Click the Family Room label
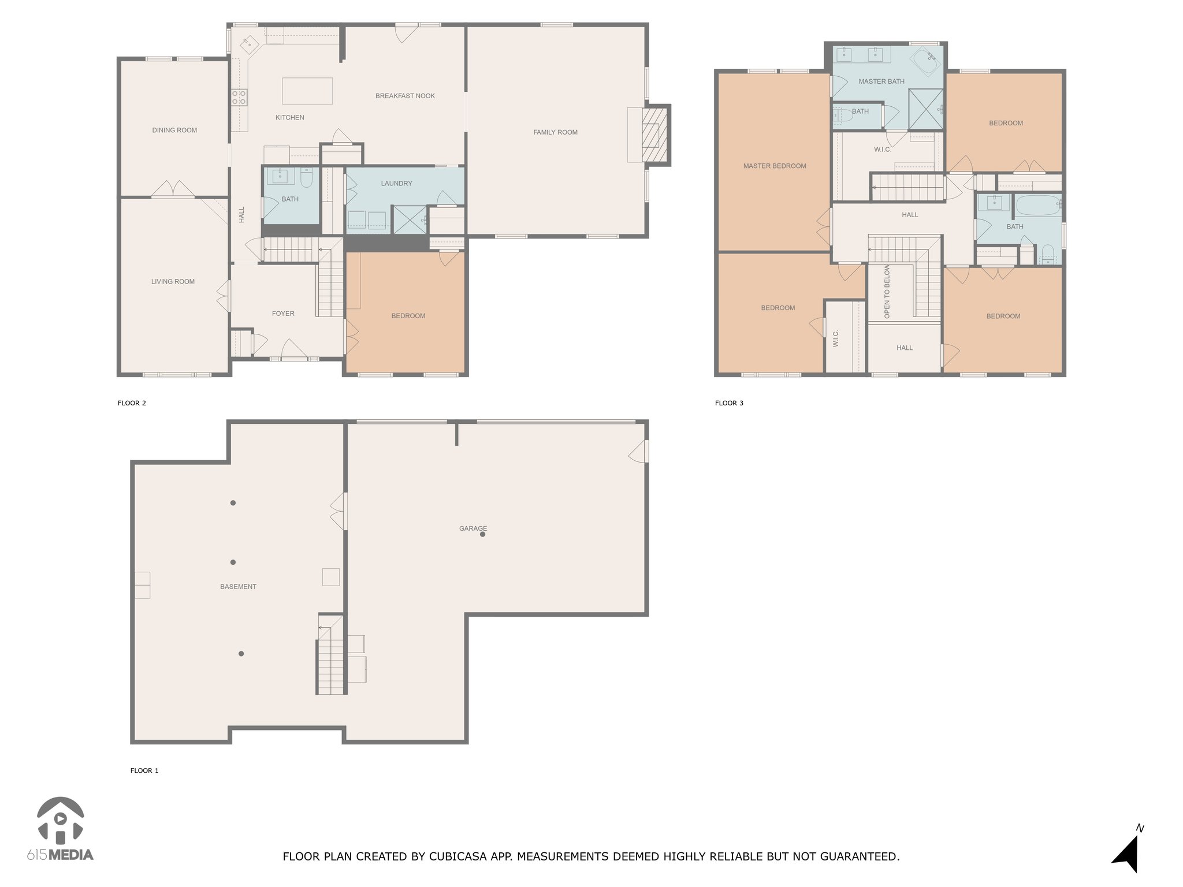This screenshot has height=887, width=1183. [555, 132]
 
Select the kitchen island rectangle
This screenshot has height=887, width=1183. [307, 91]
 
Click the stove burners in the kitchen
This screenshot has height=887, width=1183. [240, 97]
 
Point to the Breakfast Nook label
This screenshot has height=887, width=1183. [405, 96]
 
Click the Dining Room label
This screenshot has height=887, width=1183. [174, 130]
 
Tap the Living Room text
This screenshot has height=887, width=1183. [173, 281]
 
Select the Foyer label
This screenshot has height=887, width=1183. [283, 314]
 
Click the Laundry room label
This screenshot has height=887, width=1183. [396, 183]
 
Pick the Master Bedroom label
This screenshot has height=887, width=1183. [775, 166]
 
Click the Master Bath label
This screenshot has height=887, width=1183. [881, 81]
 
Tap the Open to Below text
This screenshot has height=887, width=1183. [887, 292]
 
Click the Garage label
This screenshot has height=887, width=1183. [473, 528]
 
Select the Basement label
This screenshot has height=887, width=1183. [238, 587]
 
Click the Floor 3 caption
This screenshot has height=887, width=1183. [729, 403]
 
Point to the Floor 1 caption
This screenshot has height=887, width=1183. [144, 770]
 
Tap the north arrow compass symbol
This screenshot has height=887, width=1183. [1126, 851]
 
